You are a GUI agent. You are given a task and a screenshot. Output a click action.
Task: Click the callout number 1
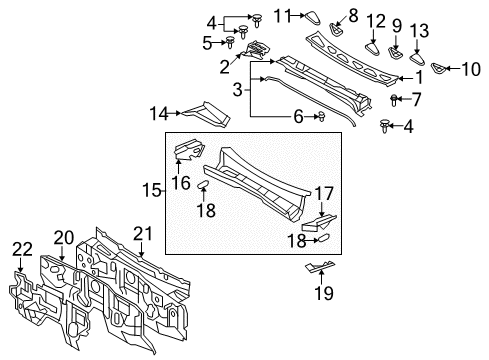pos(420,75)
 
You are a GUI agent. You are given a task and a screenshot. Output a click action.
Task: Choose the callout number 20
pos(63,237)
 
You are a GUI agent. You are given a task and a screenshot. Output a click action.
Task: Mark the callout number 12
pos(375,21)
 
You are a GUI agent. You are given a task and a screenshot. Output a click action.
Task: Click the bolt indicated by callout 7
pos(394,98)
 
